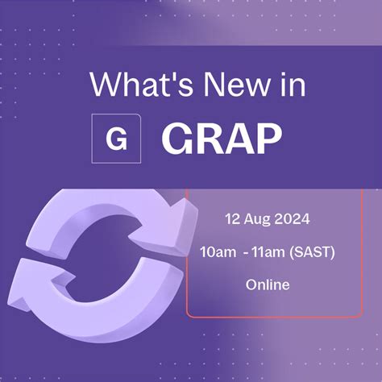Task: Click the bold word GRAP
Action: pyautogui.click(x=222, y=139)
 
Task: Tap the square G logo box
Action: pyautogui.click(x=117, y=139)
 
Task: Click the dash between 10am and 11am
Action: pyautogui.click(x=242, y=251)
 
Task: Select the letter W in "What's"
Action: pyautogui.click(x=104, y=85)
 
